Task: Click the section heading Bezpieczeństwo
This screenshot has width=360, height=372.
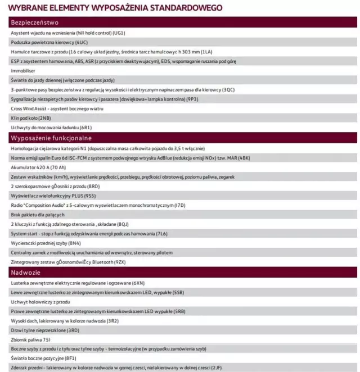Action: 35,23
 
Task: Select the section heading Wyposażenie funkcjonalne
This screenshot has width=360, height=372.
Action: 51,138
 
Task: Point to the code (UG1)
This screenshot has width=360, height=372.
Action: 119,33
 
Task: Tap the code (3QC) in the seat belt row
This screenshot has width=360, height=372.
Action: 228,90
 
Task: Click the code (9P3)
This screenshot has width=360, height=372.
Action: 192,99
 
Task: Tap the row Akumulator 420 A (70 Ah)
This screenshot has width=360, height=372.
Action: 37,167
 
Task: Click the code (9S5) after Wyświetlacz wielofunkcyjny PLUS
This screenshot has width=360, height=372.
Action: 90,195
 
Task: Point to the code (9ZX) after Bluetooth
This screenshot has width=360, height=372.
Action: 120,262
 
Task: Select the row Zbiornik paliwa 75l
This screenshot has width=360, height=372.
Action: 30,339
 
